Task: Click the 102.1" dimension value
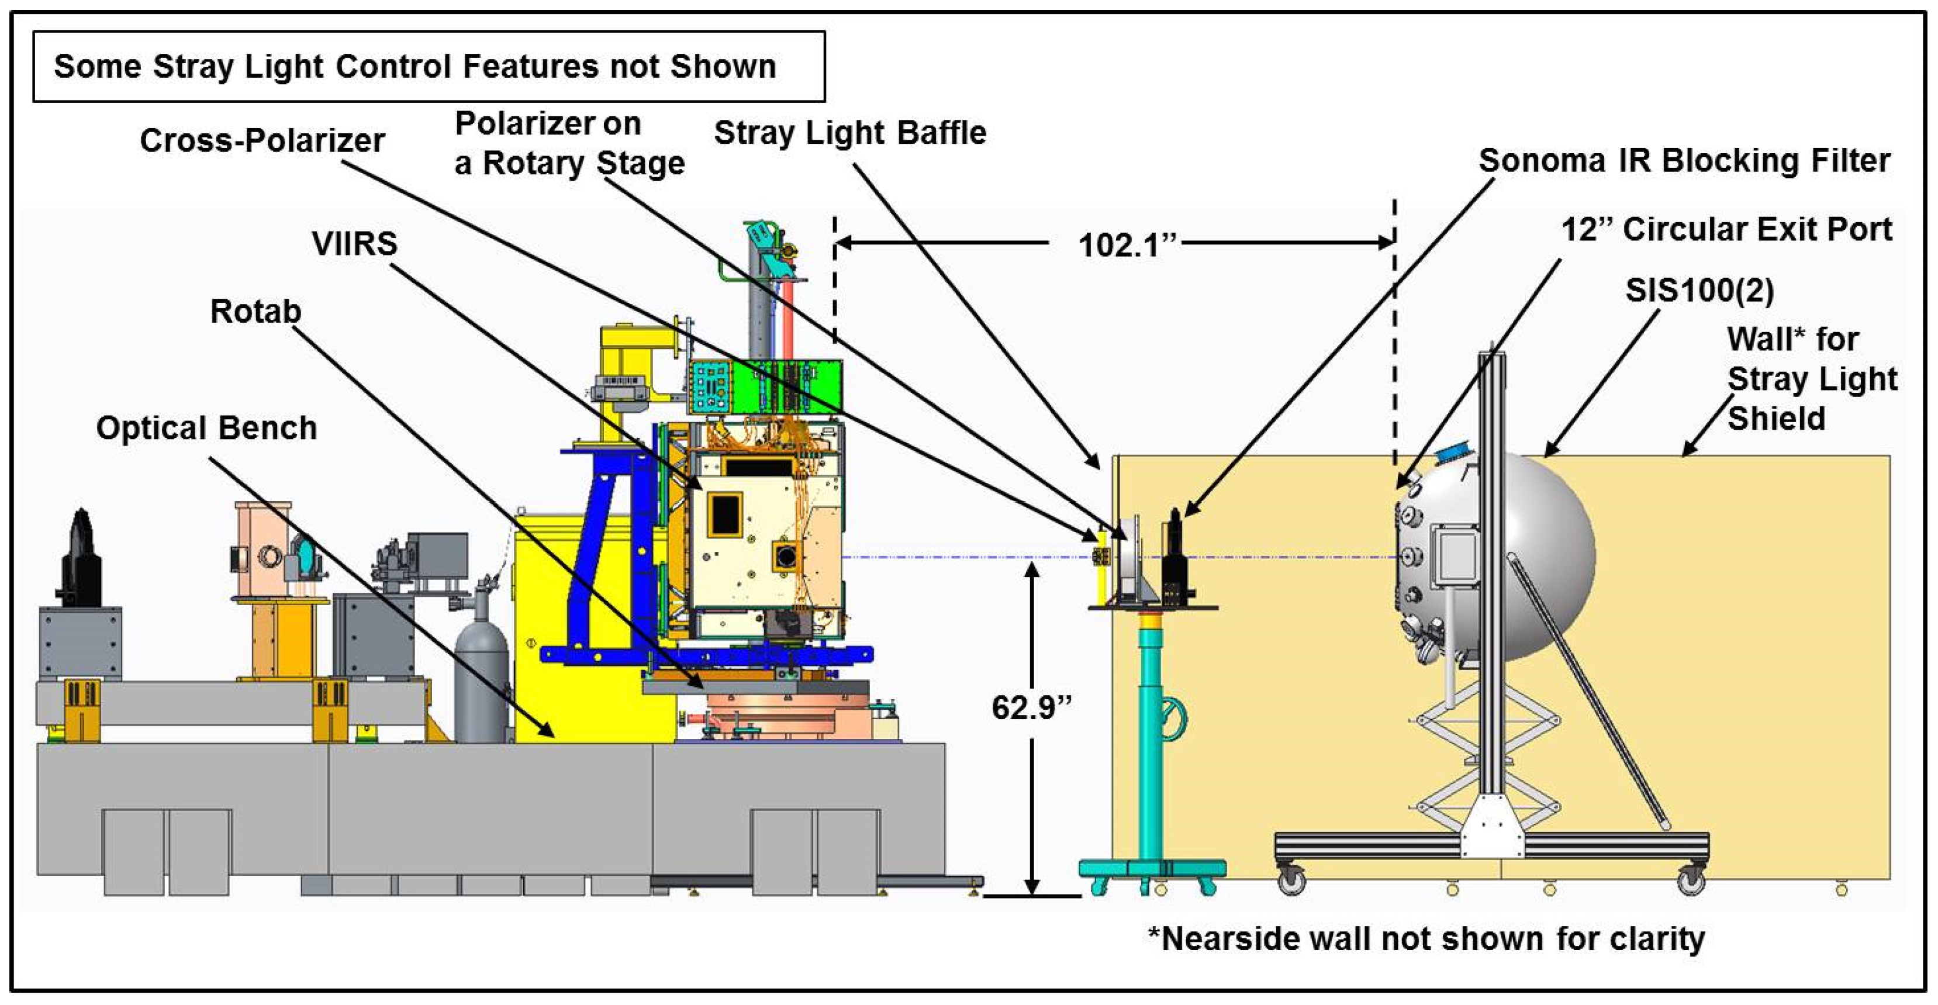tap(1127, 245)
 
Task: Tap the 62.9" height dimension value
tap(1031, 707)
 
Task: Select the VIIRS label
tap(354, 244)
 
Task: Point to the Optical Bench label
tap(206, 428)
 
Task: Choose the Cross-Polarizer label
tap(262, 141)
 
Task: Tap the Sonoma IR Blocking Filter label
tap(1684, 161)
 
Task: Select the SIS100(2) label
tap(1699, 291)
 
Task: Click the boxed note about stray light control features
tap(429, 66)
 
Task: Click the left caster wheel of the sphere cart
tap(1292, 879)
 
